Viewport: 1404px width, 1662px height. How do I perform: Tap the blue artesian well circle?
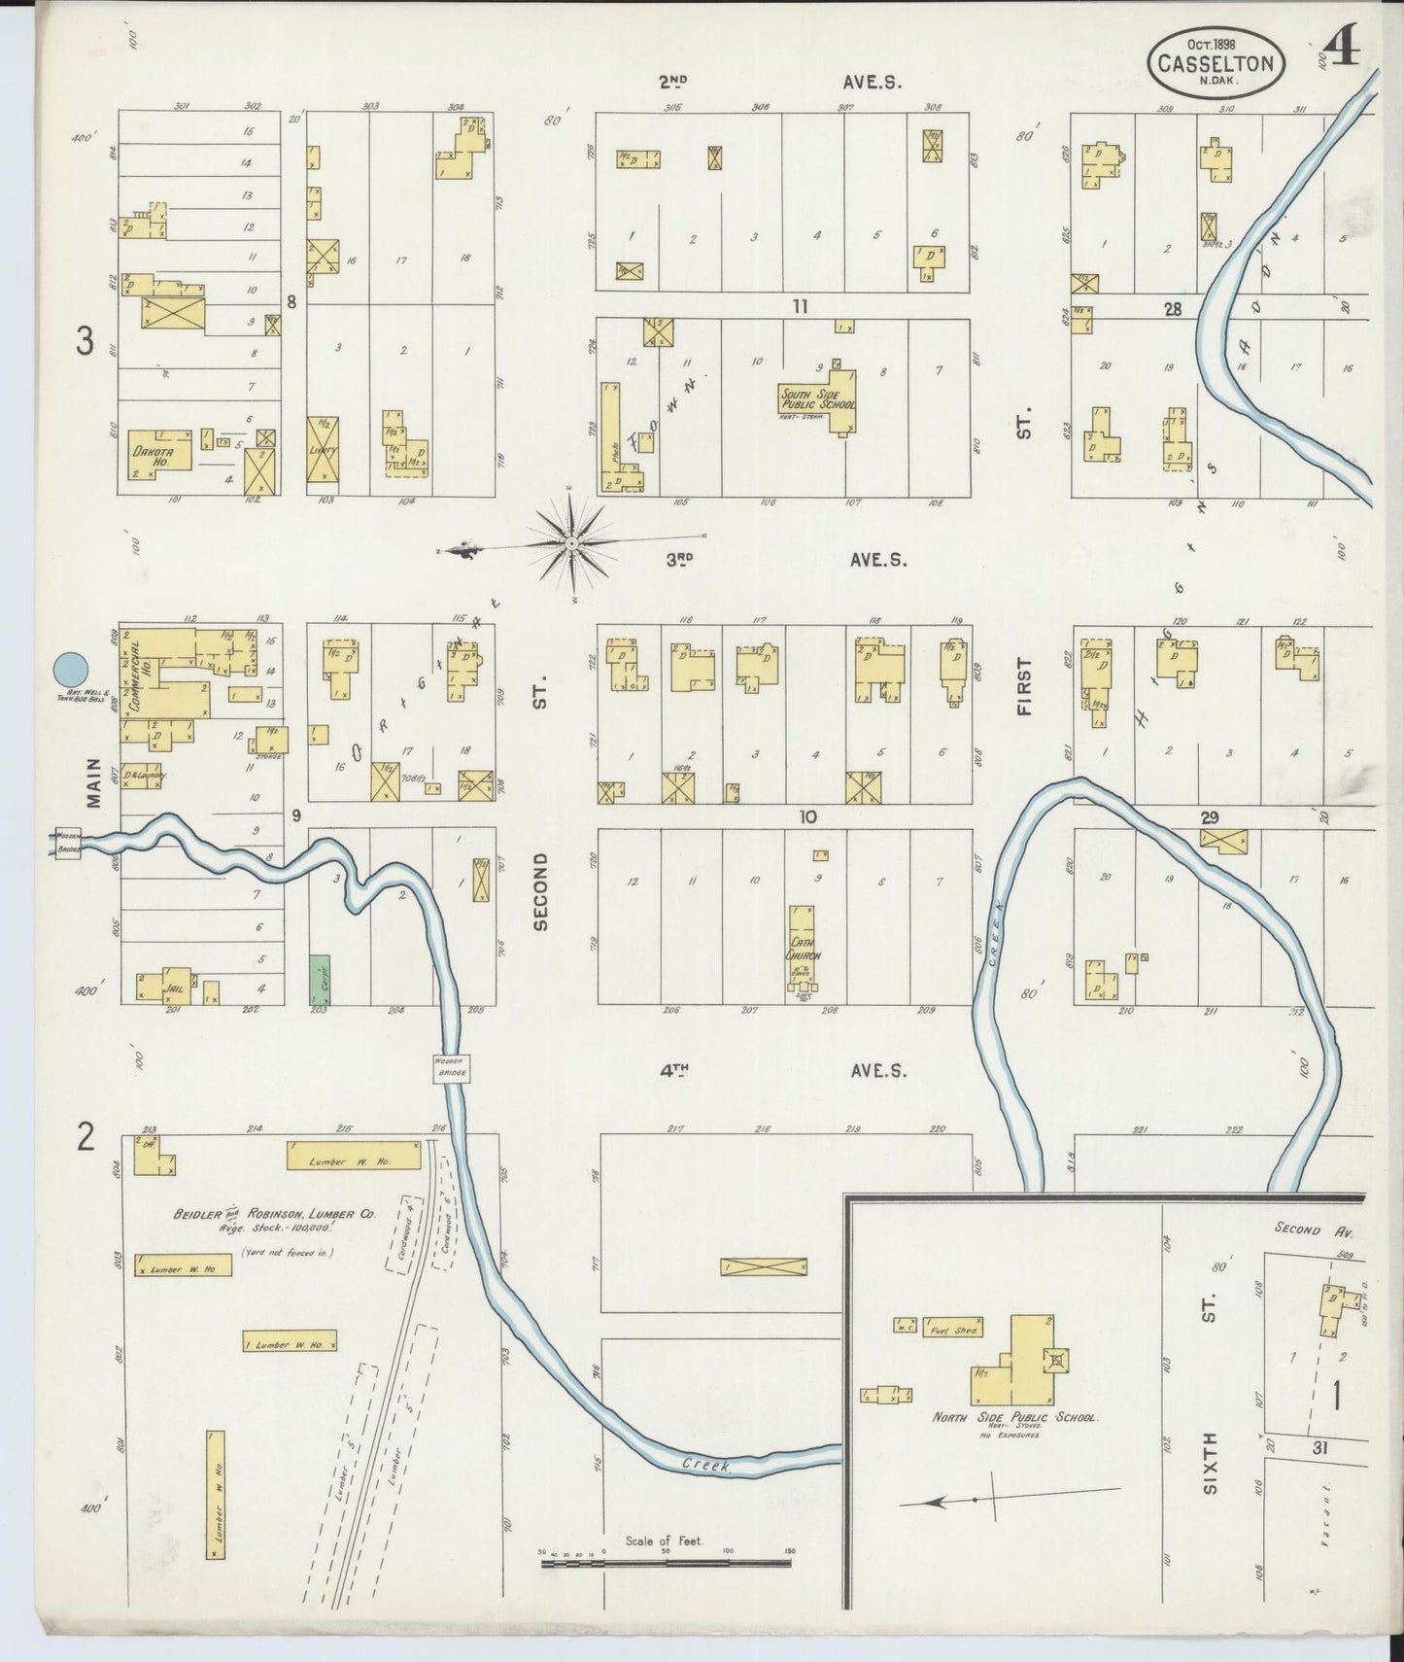coord(70,669)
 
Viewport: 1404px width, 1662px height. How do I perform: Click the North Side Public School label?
coord(1014,1417)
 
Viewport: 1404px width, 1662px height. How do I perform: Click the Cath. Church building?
coord(803,948)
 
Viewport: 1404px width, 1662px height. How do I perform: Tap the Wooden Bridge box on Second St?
coord(452,1067)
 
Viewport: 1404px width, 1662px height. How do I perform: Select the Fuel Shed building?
coord(953,1328)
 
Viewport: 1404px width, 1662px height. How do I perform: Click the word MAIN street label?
coord(93,782)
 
